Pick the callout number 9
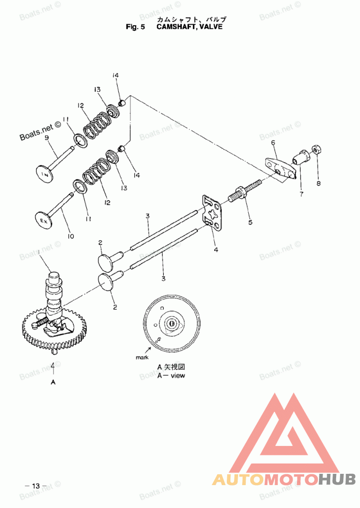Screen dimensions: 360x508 tap(46, 138)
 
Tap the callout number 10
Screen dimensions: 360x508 tap(71, 236)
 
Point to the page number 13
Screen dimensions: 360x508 tap(36, 486)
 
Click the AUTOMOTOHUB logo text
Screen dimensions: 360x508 tap(283, 479)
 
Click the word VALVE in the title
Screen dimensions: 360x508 tap(211, 27)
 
